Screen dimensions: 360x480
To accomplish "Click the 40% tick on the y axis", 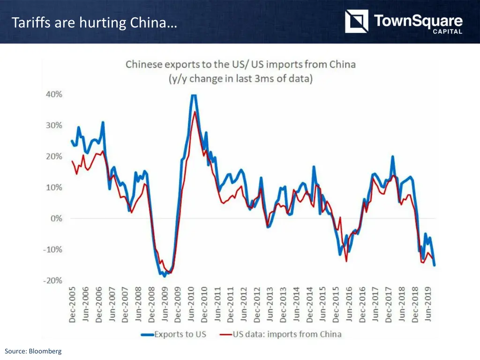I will pyautogui.click(x=54, y=94).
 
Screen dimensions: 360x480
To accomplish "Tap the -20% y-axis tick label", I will pyautogui.click(x=52, y=281).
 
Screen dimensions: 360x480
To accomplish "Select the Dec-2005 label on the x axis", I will pyautogui.click(x=73, y=304).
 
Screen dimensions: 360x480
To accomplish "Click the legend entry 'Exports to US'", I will pyautogui.click(x=180, y=334).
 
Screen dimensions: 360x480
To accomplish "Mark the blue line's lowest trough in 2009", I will pyautogui.click(x=164, y=276).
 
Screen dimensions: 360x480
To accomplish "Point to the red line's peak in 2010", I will pyautogui.click(x=195, y=112).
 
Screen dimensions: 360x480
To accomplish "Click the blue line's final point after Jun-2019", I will pyautogui.click(x=434, y=265).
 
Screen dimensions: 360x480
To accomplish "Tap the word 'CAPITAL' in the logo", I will pyautogui.click(x=448, y=32).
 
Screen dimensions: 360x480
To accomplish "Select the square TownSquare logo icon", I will pyautogui.click(x=356, y=22).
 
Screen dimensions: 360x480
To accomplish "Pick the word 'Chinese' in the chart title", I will pyautogui.click(x=143, y=64).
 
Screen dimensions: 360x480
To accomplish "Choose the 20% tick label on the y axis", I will pyautogui.click(x=54, y=156).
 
